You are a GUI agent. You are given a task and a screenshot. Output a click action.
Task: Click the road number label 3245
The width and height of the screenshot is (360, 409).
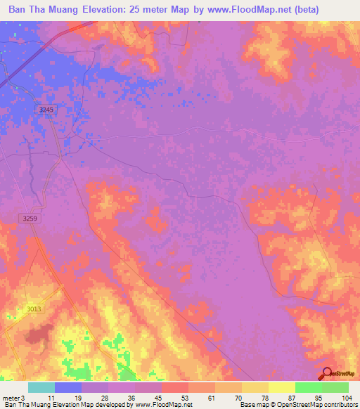[46, 110]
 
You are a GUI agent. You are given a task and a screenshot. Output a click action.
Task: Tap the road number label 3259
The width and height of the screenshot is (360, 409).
[30, 219]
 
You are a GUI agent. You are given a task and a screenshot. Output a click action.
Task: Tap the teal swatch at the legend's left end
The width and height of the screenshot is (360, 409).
[41, 387]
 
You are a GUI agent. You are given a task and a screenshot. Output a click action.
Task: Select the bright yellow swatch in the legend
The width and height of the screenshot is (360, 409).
[281, 387]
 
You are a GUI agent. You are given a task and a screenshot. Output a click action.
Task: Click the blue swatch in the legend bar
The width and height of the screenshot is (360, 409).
[68, 387]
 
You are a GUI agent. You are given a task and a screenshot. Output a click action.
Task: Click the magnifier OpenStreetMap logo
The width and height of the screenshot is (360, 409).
[327, 374]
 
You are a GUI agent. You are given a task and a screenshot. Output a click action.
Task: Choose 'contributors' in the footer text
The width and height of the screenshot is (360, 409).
[340, 405]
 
